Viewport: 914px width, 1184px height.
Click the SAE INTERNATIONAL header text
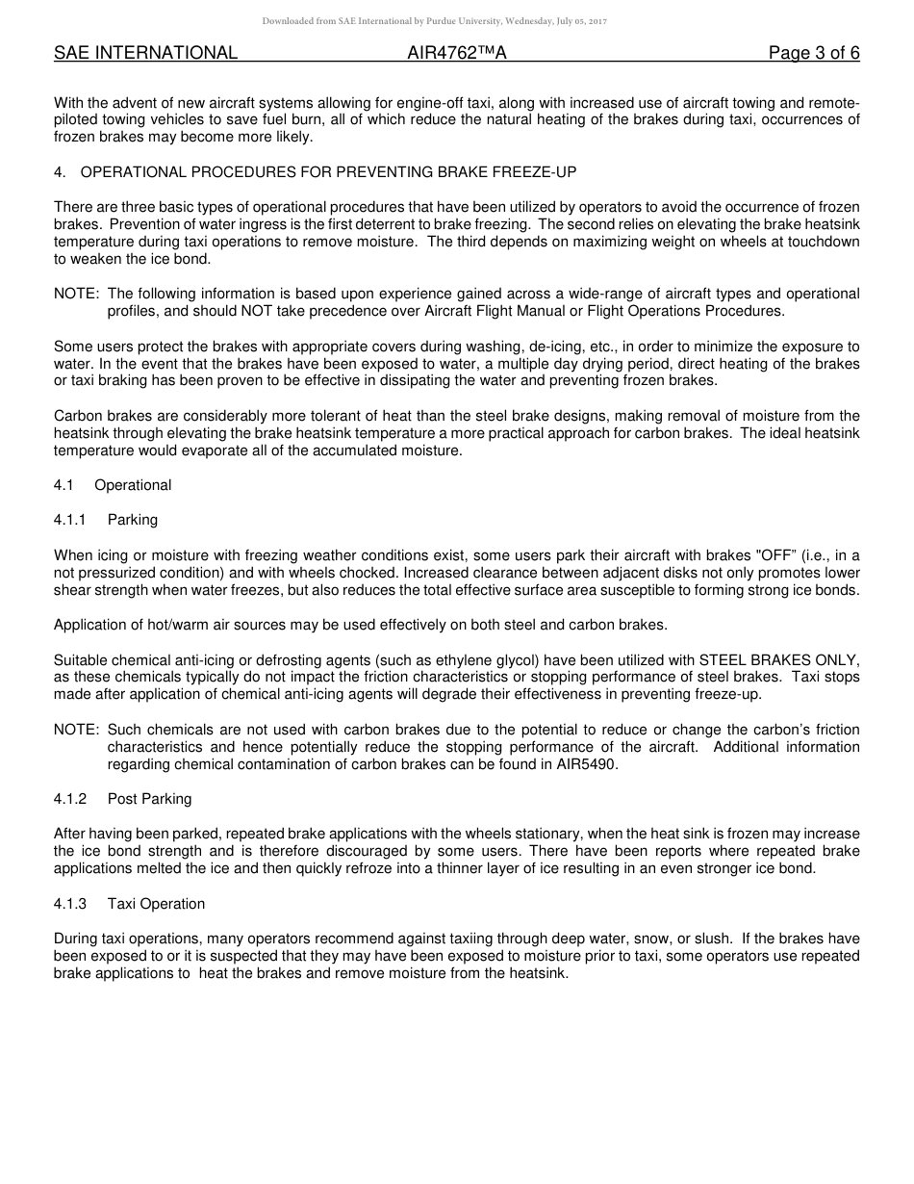(x=145, y=53)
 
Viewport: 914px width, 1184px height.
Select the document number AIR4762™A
(x=457, y=53)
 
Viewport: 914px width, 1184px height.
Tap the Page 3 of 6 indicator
(x=814, y=53)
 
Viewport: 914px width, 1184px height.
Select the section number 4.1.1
(x=70, y=520)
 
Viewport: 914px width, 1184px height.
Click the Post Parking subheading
(x=149, y=799)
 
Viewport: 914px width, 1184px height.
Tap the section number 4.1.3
(x=70, y=904)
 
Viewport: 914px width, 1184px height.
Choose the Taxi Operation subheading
(x=156, y=904)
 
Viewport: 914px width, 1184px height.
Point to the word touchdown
(x=822, y=242)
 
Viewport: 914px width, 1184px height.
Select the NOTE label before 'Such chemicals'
(x=77, y=730)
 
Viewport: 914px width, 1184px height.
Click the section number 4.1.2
(x=70, y=799)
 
